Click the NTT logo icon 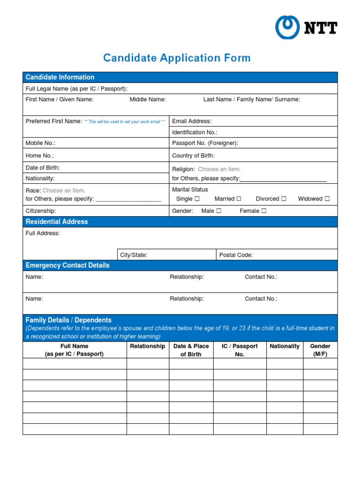[x=287, y=27]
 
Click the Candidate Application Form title [x=177, y=58]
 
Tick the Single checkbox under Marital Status [x=197, y=199]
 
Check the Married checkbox [x=239, y=199]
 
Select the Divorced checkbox [x=284, y=199]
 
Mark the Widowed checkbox [x=327, y=199]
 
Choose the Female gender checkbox [x=264, y=211]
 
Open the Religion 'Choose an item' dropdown [x=219, y=169]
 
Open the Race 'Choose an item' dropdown [x=64, y=191]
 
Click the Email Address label [x=192, y=121]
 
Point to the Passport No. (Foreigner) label [x=205, y=143]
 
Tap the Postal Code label [x=236, y=255]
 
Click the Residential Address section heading [x=57, y=222]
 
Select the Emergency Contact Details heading [x=67, y=265]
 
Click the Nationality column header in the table [x=285, y=346]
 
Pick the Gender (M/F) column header [x=320, y=350]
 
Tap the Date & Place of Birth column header [x=191, y=350]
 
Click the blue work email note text [x=124, y=122]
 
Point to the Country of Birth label [x=193, y=156]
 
